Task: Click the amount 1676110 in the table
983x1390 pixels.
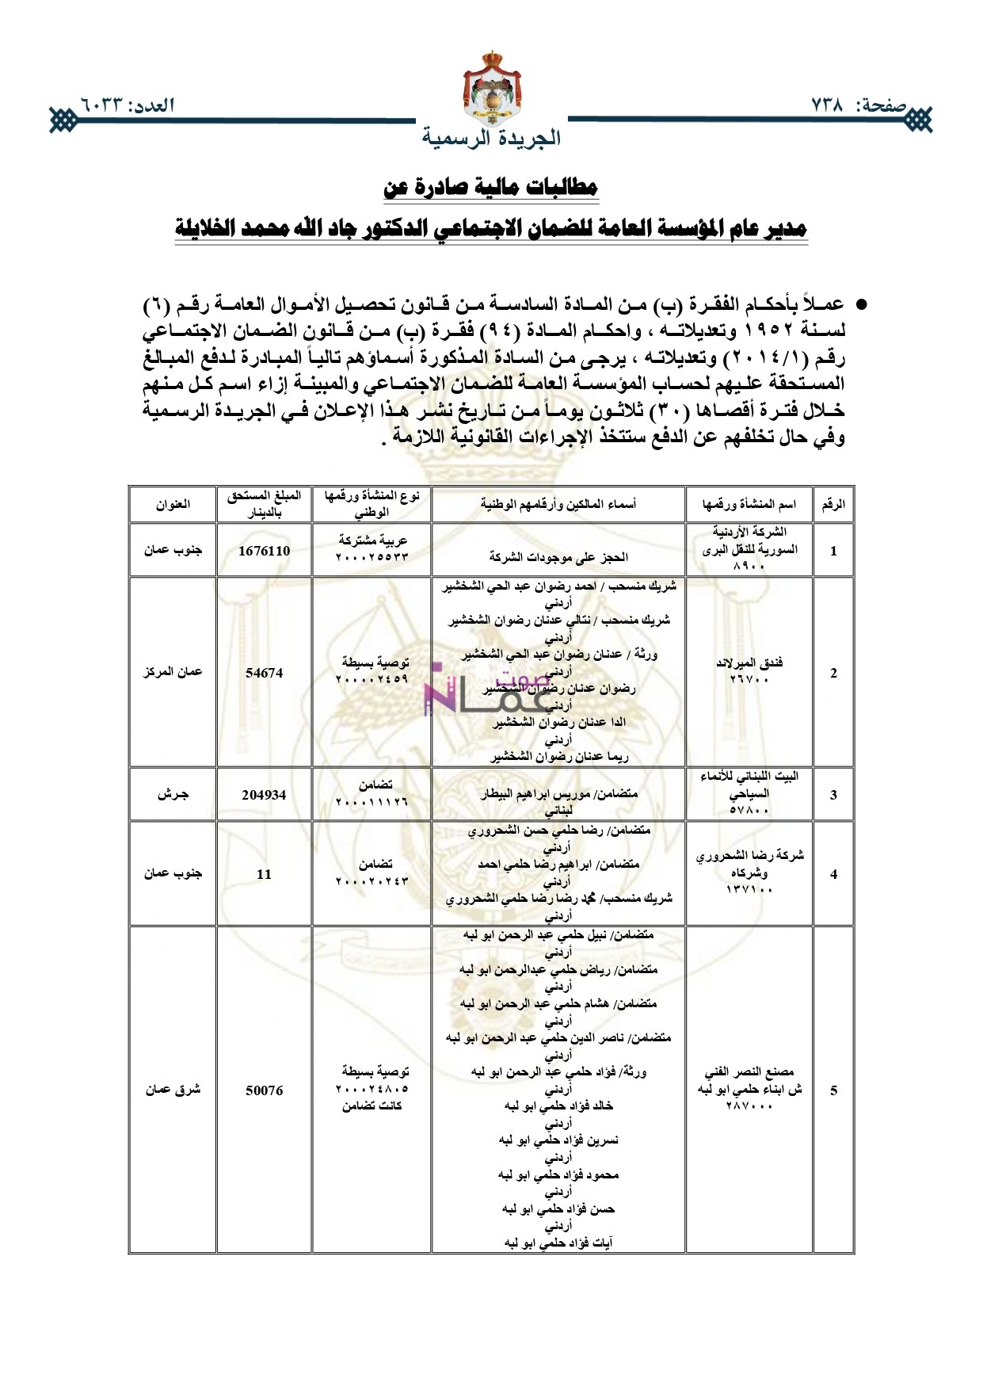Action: point(264,551)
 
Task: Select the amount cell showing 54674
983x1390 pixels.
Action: point(264,673)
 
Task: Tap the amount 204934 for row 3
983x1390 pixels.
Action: point(264,795)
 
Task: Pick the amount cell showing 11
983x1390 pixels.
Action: point(264,874)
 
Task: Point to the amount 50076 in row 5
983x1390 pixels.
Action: point(264,1090)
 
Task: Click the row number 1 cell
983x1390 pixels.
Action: point(833,551)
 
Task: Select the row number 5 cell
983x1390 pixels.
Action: point(833,1090)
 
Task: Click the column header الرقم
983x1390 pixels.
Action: point(833,505)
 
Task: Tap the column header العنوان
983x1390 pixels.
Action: point(173,505)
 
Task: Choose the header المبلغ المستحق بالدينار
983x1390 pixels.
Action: point(264,505)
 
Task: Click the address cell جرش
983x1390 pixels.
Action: point(173,795)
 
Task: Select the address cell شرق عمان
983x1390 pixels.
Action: point(173,1090)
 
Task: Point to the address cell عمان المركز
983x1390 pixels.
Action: point(173,672)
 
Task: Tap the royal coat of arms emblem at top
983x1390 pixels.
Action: point(491,86)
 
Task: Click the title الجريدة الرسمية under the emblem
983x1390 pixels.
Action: point(491,138)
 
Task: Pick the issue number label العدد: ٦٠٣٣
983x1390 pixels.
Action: point(126,105)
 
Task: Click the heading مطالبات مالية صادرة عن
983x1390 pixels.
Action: point(491,188)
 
